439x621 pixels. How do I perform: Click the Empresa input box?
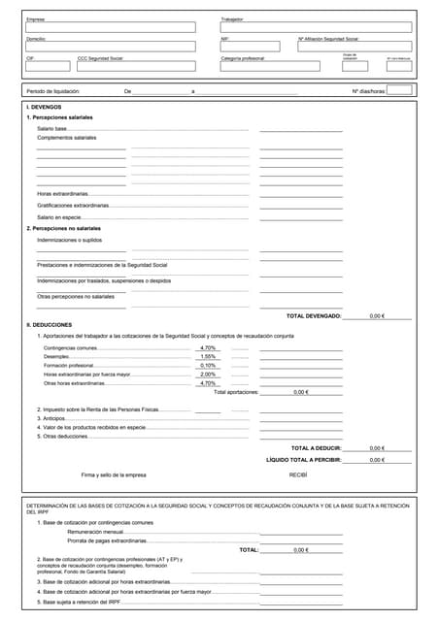(110, 27)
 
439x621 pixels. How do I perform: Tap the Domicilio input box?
(110, 46)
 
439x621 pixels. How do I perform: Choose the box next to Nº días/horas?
(399, 90)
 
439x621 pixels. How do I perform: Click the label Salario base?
(51, 128)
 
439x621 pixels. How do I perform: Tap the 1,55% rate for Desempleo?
(208, 356)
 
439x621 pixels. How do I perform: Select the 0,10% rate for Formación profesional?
(208, 365)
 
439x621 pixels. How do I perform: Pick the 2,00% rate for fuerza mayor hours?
(208, 374)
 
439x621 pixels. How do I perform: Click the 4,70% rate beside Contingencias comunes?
(208, 347)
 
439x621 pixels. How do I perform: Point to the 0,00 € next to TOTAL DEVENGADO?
(378, 316)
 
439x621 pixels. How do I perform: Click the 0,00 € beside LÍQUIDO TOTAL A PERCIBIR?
(378, 460)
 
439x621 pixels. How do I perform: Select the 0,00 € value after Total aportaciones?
(300, 392)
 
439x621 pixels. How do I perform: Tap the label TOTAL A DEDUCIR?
(316, 448)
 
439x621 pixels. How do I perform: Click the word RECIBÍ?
(298, 474)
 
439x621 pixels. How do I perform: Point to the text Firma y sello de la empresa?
(114, 474)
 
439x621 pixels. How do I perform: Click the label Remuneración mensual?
(95, 532)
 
